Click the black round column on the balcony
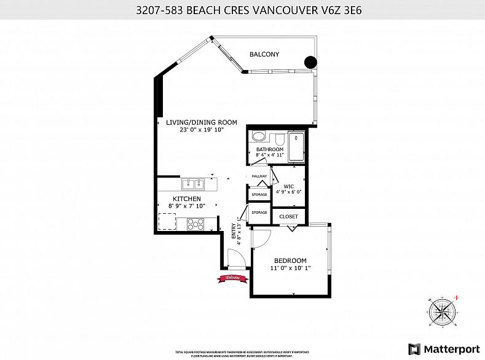pos(311,61)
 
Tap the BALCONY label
pos(264,55)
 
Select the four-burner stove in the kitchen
pos(196,224)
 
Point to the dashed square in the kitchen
pos(167,221)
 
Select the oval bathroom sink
pos(259,136)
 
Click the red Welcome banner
pos(232,279)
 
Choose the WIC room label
pos(289,186)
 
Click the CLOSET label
pos(288,217)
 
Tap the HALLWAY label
pos(258,177)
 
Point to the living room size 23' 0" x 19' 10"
pos(201,130)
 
